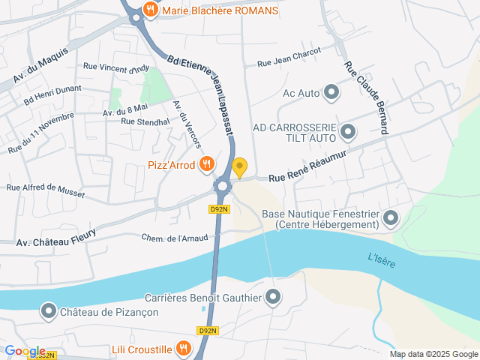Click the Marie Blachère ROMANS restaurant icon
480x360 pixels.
pyautogui.click(x=151, y=10)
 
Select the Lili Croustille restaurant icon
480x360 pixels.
pyautogui.click(x=183, y=347)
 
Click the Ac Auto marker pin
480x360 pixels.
pyautogui.click(x=331, y=94)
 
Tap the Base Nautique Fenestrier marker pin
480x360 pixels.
pyautogui.click(x=390, y=219)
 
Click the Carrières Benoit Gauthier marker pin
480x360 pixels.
pyautogui.click(x=273, y=298)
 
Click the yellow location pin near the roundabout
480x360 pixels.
pyautogui.click(x=239, y=166)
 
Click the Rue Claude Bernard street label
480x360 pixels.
pyautogui.click(x=366, y=97)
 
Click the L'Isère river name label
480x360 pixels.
pyautogui.click(x=382, y=262)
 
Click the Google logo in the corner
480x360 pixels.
pyautogui.click(x=25, y=351)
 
